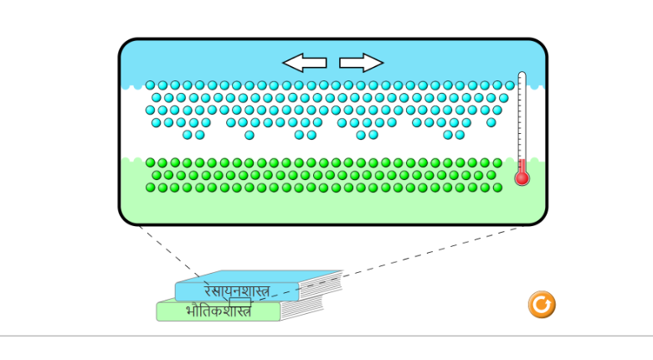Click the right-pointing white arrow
361,62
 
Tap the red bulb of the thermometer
522,177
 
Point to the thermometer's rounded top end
522,76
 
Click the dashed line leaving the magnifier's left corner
167,251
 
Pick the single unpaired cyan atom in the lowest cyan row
249,135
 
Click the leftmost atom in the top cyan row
150,85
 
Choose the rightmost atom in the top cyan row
509,85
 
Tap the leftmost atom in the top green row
150,163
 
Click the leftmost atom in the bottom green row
150,188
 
